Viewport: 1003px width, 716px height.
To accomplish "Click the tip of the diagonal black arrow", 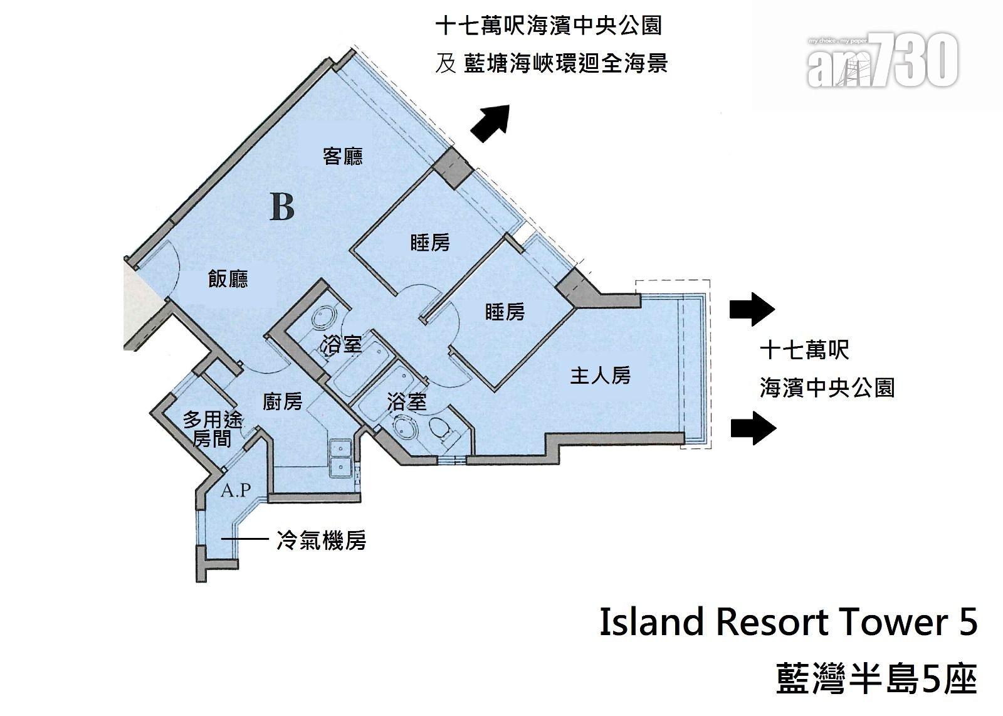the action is click(x=509, y=105).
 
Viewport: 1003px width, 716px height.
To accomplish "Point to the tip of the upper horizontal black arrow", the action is click(x=775, y=309).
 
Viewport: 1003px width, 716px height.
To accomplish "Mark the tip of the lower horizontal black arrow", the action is click(x=777, y=428).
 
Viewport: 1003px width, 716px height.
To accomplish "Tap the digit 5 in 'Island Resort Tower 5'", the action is click(x=968, y=623).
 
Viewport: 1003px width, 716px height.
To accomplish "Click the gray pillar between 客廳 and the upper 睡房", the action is click(x=453, y=169).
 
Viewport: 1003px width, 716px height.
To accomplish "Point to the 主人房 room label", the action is click(x=601, y=375).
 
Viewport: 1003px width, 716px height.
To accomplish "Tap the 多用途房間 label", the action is click(x=213, y=429).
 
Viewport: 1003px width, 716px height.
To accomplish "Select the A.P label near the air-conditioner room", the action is click(x=236, y=490).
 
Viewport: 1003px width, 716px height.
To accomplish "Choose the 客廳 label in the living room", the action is click(x=343, y=156).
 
